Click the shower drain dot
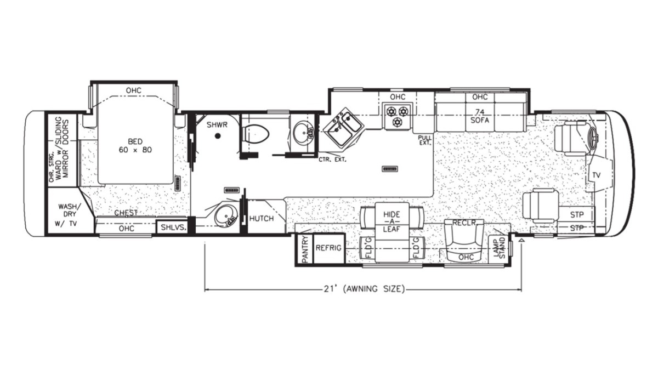218,136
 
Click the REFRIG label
328,248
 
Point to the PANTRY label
305,249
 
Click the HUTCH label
262,219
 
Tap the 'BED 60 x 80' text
135,146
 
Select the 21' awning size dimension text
364,289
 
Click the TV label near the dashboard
597,175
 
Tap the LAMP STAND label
500,248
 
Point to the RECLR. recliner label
464,223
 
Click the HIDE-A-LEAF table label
392,221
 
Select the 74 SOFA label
479,116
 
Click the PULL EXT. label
425,141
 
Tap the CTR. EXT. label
332,160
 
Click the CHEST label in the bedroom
126,213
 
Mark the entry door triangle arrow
521,241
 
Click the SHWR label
217,125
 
